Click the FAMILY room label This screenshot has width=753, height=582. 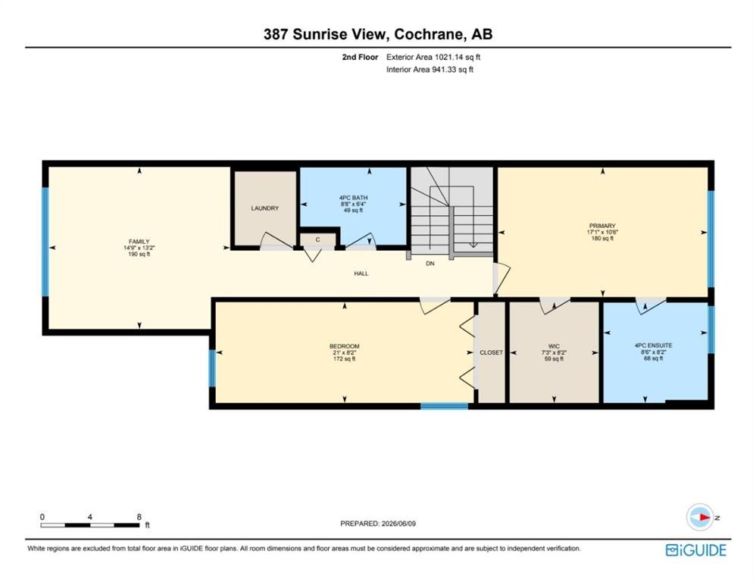click(x=139, y=241)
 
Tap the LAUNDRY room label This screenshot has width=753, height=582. click(x=264, y=208)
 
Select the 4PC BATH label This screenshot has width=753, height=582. click(x=353, y=198)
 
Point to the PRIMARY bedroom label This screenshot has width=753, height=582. click(x=602, y=226)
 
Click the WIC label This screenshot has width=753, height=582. click(x=554, y=346)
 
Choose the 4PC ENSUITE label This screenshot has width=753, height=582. click(x=653, y=345)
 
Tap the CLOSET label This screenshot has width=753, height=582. click(x=492, y=352)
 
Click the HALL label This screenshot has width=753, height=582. click(x=361, y=274)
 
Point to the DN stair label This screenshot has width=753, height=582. click(x=430, y=264)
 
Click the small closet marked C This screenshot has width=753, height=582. click(x=317, y=239)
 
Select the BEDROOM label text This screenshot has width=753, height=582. click(x=345, y=346)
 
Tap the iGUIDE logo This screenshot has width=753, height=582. click(x=696, y=550)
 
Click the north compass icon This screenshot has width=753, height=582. click(x=700, y=517)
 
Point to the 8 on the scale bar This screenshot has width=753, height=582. click(x=139, y=517)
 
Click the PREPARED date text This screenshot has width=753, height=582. click(x=378, y=524)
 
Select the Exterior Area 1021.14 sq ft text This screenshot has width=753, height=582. click(x=433, y=57)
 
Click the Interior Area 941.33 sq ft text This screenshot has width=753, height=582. click(x=430, y=69)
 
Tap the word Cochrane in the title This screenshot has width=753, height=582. click(x=429, y=34)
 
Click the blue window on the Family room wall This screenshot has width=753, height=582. click(x=45, y=242)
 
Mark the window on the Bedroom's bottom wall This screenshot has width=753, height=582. click(x=444, y=406)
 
